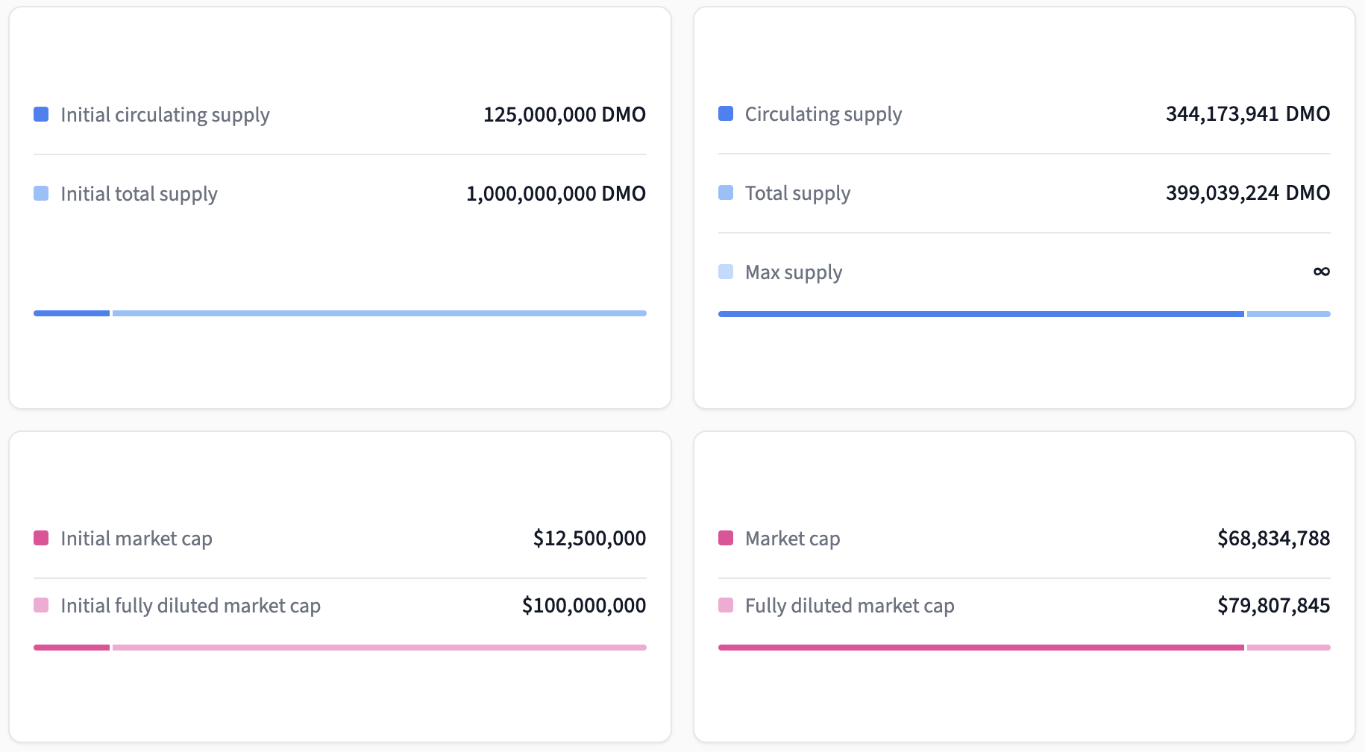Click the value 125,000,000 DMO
pos(564,115)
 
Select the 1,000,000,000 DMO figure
pos(556,194)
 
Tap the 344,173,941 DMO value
pos(1247,114)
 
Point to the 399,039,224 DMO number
pos(1247,193)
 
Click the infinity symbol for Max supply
pos(1321,272)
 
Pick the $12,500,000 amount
pos(589,539)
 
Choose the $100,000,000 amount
pos(583,606)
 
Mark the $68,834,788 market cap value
pos(1273,539)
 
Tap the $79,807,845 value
pos(1273,606)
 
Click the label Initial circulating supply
pos(165,115)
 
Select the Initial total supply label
pos(139,194)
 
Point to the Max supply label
pos(793,272)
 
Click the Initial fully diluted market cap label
pos(190,606)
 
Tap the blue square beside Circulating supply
pos(725,113)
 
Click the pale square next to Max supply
pos(725,272)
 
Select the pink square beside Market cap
pos(725,538)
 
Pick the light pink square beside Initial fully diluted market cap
pos(41,605)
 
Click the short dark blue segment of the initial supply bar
pos(72,313)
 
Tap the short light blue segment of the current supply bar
pos(1288,314)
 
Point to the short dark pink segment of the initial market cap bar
pos(72,648)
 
